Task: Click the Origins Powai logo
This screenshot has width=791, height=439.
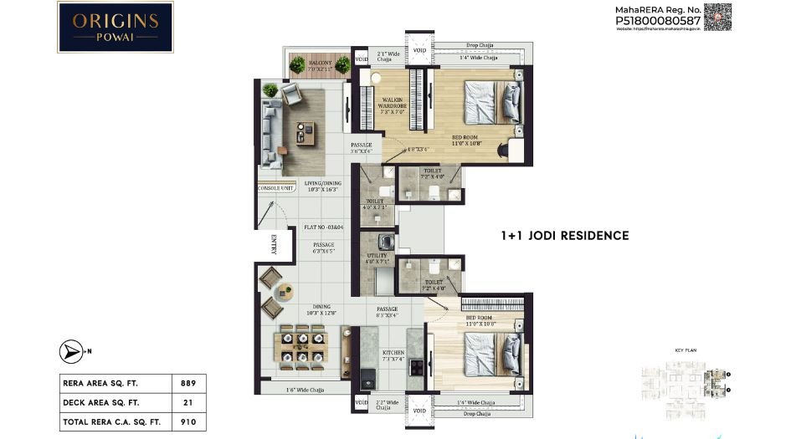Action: point(116,27)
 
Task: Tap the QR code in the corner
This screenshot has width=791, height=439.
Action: point(717,18)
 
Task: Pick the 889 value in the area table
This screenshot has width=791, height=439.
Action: point(188,384)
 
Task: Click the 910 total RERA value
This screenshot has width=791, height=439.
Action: point(188,422)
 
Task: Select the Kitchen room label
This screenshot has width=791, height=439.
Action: point(393,353)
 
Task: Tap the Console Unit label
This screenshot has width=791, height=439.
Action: point(275,188)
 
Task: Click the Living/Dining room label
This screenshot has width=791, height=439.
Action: point(323,186)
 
